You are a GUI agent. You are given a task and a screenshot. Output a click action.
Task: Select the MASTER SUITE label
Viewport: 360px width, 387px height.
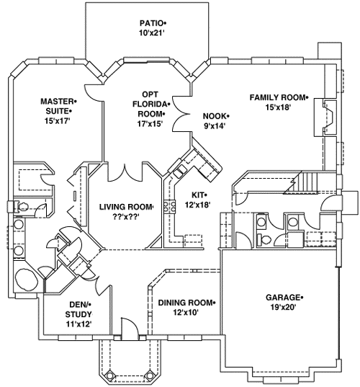[x=58, y=107]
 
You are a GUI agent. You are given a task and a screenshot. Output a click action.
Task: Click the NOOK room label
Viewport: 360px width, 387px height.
[x=215, y=115]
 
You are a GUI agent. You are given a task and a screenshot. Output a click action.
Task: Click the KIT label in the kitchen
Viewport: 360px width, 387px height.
[x=199, y=195]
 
